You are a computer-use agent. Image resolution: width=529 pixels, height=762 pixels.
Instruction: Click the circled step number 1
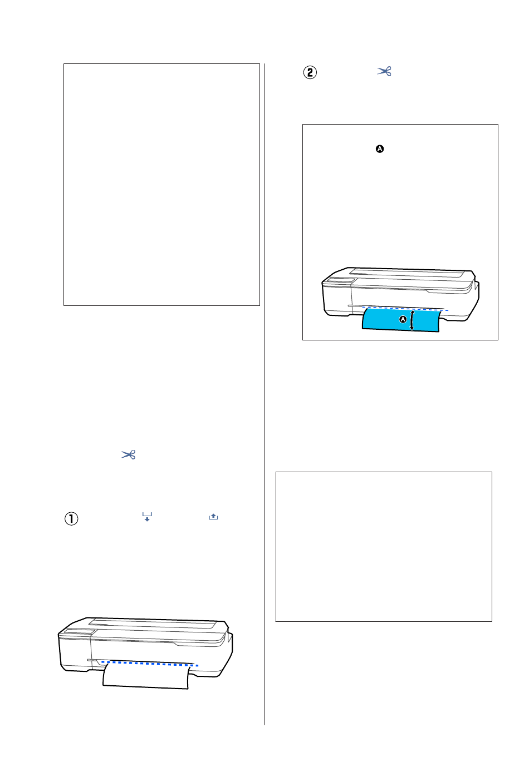(x=71, y=518)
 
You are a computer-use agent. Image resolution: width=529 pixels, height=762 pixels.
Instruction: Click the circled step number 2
(x=310, y=72)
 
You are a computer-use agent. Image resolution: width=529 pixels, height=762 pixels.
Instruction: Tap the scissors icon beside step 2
(x=384, y=71)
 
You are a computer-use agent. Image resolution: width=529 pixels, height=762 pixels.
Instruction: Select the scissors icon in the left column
(x=129, y=454)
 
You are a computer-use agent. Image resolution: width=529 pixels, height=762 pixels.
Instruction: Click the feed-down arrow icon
(x=147, y=517)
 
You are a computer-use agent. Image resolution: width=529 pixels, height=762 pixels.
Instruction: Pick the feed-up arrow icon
(x=213, y=517)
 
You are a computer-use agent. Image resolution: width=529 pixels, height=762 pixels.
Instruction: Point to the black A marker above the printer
(x=379, y=149)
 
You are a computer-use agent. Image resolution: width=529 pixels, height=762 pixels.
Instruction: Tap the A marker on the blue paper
(x=403, y=319)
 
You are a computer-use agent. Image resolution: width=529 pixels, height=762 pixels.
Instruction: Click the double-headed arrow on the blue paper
(x=412, y=320)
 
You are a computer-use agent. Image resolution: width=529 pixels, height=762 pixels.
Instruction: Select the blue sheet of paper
(x=401, y=319)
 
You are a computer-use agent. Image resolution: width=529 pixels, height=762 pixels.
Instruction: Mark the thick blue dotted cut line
(x=150, y=664)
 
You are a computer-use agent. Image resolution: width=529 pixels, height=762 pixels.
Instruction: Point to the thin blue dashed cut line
(x=405, y=309)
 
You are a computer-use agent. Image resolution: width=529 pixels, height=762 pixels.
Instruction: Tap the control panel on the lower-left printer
(x=80, y=632)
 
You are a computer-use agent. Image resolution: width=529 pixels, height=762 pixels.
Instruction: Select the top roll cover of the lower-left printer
(x=152, y=624)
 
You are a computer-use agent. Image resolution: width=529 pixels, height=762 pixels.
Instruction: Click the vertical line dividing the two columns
(x=264, y=394)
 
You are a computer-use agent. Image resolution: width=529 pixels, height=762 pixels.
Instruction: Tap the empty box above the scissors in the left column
(x=161, y=184)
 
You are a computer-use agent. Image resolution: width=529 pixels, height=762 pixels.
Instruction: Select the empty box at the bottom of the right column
(x=384, y=546)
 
